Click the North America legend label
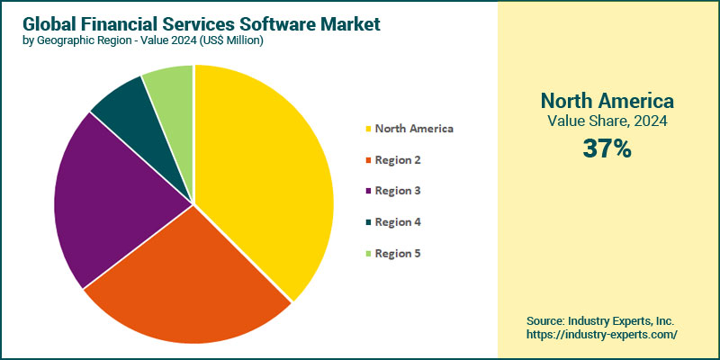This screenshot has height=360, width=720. click(414, 129)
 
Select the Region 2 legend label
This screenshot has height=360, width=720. click(398, 160)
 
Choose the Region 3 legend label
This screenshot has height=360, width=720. click(398, 191)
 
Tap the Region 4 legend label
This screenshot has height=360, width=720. click(398, 222)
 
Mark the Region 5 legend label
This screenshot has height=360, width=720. click(398, 253)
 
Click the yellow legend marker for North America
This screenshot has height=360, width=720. click(368, 129)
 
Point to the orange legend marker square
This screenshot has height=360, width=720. click(368, 160)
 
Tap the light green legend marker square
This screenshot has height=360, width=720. click(368, 253)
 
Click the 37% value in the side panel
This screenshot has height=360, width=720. click(607, 148)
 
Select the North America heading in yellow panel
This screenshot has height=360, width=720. click(607, 99)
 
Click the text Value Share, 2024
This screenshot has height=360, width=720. click(607, 121)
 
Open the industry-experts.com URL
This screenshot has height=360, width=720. click(602, 334)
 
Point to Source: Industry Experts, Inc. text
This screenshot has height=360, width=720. click(600, 320)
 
